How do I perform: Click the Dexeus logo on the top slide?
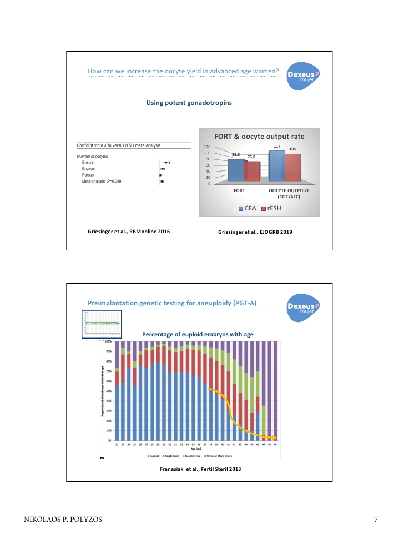coord(304,77)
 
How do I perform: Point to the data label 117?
coord(277,146)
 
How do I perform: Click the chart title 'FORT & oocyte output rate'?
coord(259,136)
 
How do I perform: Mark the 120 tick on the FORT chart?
coord(207,147)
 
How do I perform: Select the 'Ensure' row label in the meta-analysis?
coord(88,162)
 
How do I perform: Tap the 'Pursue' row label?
coord(88,175)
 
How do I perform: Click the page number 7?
coord(376,520)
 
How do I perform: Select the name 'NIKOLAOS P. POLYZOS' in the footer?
coord(62,520)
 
